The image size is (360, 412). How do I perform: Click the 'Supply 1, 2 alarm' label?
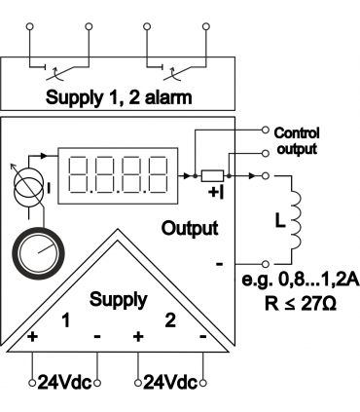119,97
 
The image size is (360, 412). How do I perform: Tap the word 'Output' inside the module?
190,229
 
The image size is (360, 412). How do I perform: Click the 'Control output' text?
297,141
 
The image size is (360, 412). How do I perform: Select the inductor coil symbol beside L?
296,221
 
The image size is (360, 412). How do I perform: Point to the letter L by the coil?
280,221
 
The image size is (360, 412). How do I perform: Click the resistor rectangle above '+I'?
212,175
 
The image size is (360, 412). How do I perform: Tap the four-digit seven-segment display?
118,175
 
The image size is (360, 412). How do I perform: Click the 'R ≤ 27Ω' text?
301,304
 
